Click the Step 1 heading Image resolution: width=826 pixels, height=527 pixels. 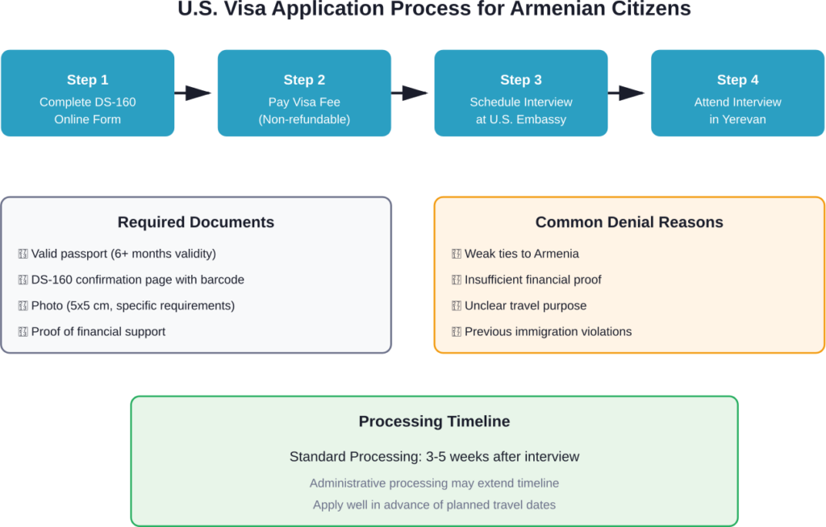tap(87, 80)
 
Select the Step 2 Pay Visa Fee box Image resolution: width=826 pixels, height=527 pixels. tap(304, 93)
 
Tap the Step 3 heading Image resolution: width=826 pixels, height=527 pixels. tap(520, 80)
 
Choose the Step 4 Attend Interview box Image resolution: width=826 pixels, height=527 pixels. tap(737, 93)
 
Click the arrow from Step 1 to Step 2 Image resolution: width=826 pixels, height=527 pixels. tap(194, 93)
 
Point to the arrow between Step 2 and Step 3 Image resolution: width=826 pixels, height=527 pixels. tap(411, 93)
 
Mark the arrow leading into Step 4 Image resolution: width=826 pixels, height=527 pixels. tap(628, 93)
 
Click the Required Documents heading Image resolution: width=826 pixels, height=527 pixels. tap(196, 222)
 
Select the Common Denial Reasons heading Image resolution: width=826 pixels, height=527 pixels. tap(629, 222)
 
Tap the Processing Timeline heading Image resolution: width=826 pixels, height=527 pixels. tap(434, 421)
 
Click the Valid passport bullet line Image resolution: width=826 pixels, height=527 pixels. tap(123, 254)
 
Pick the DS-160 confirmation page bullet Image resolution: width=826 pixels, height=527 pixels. tap(137, 280)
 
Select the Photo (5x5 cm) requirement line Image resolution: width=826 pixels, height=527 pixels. tap(132, 305)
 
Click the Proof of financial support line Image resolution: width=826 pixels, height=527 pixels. tap(98, 331)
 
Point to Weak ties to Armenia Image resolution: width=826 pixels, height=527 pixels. tap(521, 254)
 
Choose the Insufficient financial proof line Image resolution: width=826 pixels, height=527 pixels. tap(532, 280)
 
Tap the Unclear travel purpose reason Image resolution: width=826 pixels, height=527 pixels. tap(525, 305)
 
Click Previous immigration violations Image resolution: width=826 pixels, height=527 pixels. tap(548, 331)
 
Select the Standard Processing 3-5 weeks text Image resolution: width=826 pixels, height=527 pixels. tap(434, 457)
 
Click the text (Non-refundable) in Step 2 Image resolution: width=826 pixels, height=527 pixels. tap(304, 119)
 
